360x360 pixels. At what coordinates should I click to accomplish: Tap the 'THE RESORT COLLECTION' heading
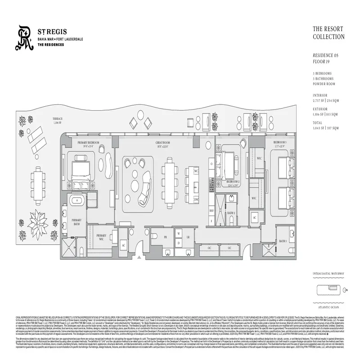click(328, 33)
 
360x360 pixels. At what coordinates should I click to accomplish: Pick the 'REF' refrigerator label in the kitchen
click(211, 211)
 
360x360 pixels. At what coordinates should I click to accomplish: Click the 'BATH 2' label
click(231, 213)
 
